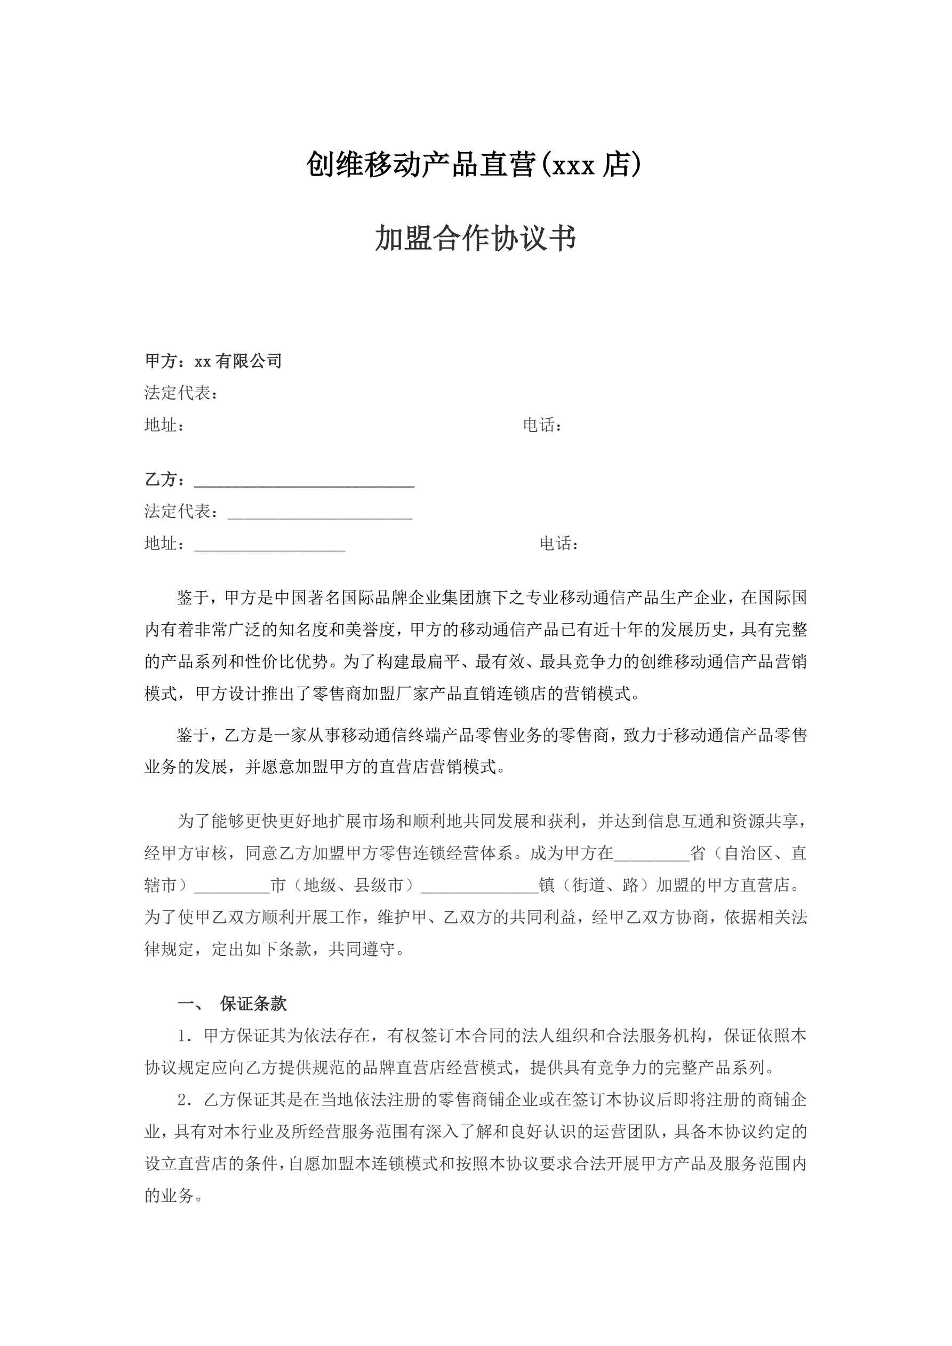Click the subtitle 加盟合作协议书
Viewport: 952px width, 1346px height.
point(475,238)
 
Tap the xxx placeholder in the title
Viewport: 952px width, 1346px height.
point(573,167)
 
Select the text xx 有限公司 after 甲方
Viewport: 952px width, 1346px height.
point(238,361)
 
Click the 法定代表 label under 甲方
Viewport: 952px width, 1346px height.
point(178,393)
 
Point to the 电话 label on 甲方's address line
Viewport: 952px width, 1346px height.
point(539,425)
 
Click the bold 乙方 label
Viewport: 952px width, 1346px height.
point(161,480)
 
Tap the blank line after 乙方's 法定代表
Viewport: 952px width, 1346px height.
point(319,515)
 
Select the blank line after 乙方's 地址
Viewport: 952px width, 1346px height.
point(270,547)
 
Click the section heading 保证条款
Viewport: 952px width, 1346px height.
point(253,1003)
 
